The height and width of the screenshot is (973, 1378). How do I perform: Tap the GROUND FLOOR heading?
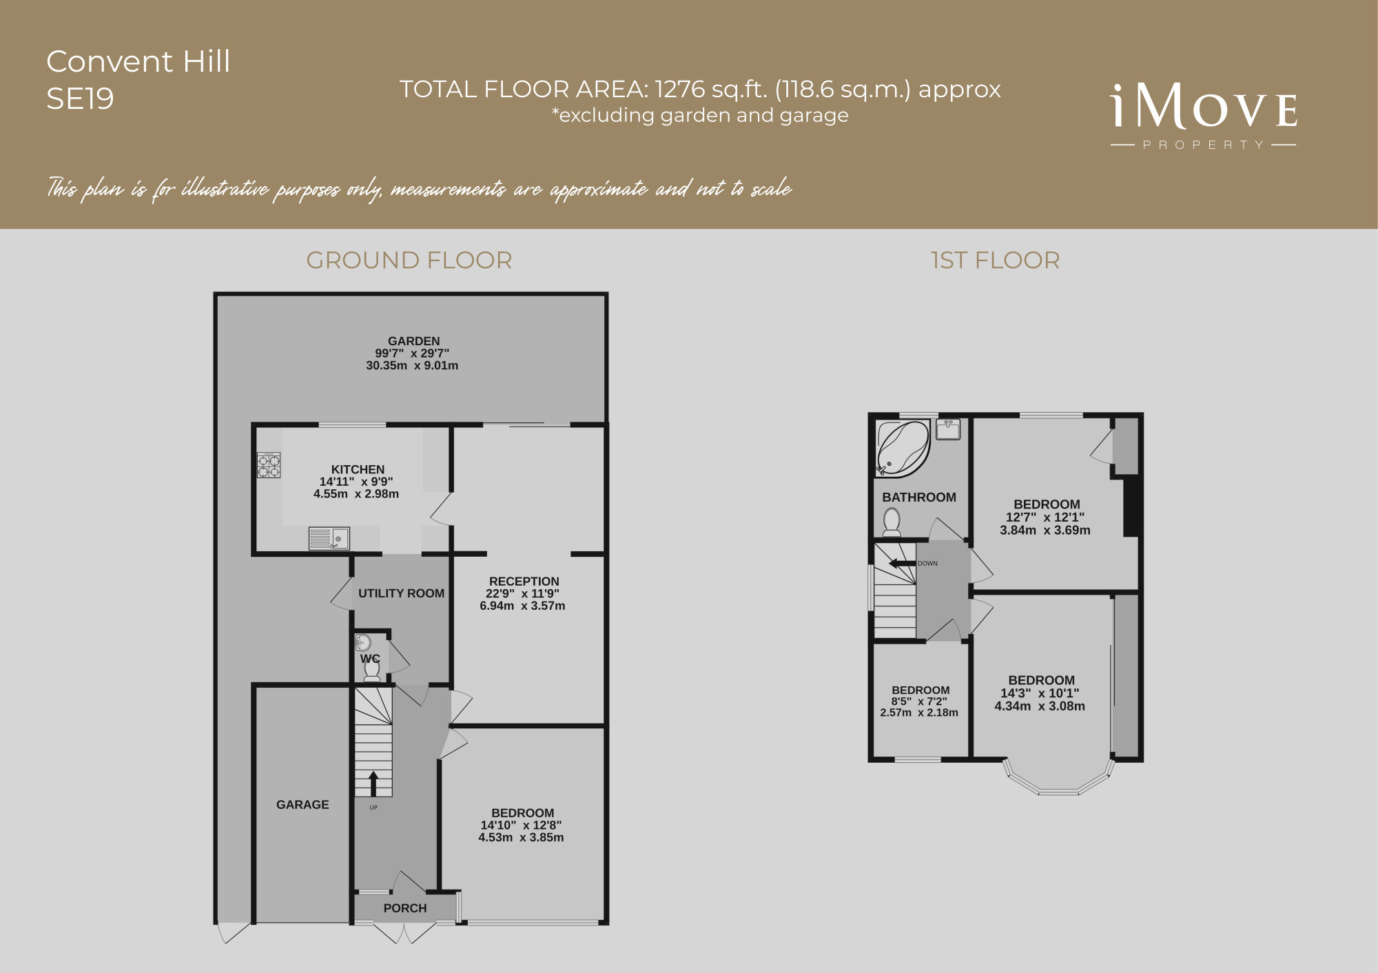[409, 260]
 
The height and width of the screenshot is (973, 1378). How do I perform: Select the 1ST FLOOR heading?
[995, 260]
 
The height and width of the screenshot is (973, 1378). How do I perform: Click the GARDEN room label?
[413, 341]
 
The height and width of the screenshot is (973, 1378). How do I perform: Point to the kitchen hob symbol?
[269, 465]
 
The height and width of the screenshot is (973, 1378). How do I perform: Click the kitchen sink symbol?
[329, 538]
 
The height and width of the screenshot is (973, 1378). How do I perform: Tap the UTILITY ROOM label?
[401, 593]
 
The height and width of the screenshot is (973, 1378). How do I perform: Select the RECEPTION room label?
[524, 582]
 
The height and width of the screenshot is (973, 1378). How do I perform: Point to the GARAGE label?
[302, 804]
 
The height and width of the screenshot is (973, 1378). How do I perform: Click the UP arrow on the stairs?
[373, 783]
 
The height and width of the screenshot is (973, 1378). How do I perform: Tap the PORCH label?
[405, 908]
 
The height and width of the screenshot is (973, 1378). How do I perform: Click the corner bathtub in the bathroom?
[903, 449]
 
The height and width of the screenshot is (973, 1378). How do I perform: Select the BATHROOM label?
[919, 498]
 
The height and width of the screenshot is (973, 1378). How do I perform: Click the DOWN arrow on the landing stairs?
[903, 564]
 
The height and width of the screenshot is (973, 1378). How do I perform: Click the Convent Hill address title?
[138, 61]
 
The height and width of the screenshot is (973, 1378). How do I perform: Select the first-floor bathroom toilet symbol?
[892, 522]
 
